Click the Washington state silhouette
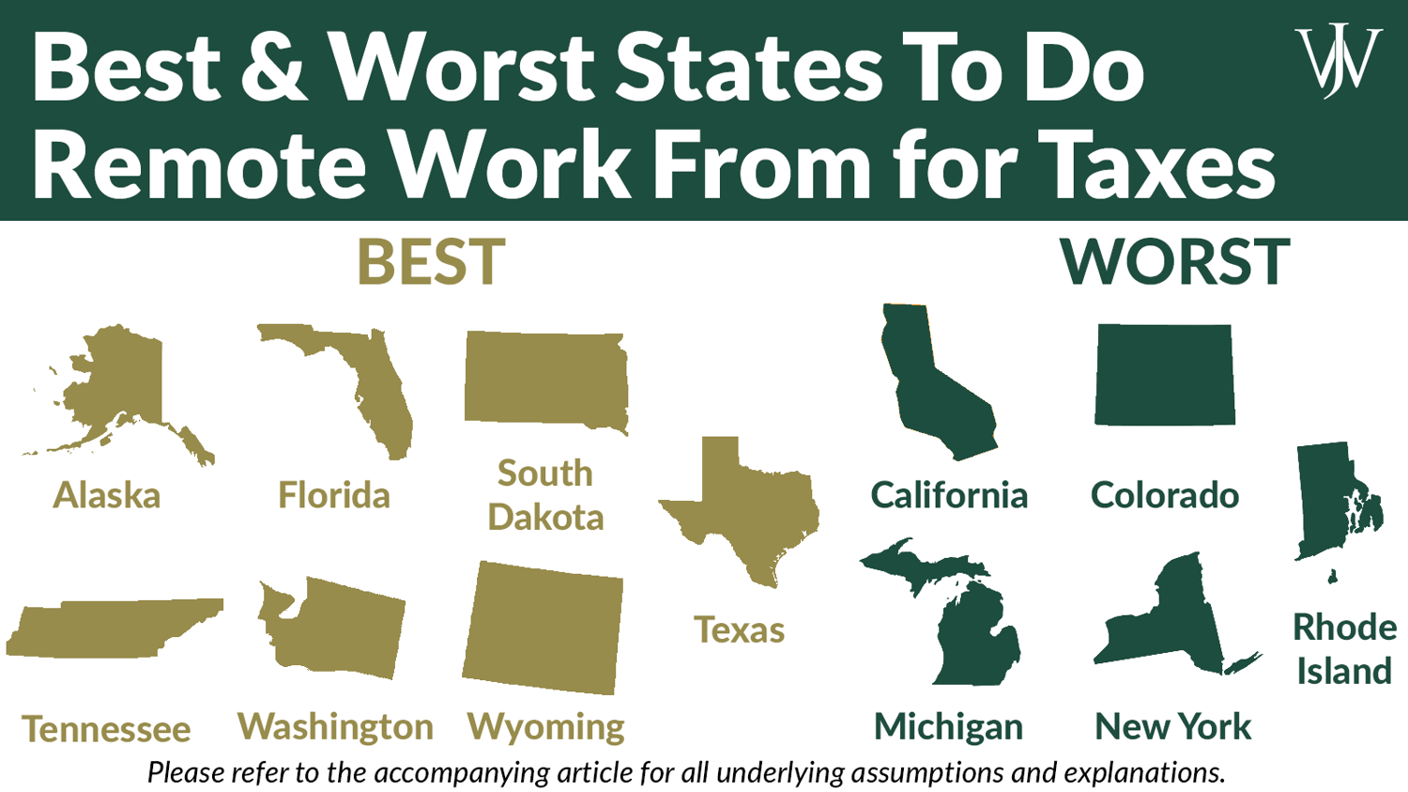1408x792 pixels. click(x=338, y=629)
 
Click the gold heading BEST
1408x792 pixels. click(x=431, y=262)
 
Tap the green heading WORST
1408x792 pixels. click(x=1174, y=262)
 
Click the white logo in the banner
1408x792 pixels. click(x=1338, y=61)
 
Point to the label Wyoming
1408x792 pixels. click(x=546, y=727)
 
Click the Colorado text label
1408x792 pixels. click(x=1165, y=495)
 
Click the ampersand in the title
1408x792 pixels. click(x=273, y=68)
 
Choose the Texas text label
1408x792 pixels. click(x=740, y=629)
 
